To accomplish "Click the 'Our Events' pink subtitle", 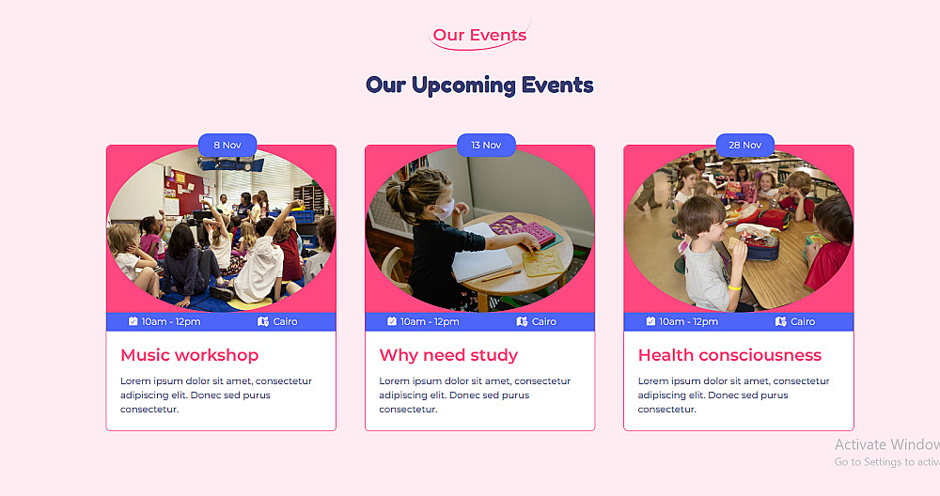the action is click(479, 35).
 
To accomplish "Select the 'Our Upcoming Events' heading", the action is click(479, 85).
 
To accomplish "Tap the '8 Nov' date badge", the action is click(227, 145).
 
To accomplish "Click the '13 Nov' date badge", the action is click(486, 145).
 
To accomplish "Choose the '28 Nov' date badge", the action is click(745, 145).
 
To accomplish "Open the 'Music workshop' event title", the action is click(190, 355).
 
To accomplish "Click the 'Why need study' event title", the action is click(448, 355).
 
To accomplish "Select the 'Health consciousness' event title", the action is click(729, 355).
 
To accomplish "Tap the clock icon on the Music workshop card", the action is click(133, 321).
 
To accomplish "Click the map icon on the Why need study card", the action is click(522, 321).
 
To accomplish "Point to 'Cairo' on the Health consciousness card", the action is click(803, 321).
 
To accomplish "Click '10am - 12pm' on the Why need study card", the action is click(430, 321).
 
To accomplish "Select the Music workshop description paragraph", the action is click(216, 395).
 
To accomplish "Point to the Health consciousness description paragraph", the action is click(733, 395).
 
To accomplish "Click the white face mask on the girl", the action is click(445, 209).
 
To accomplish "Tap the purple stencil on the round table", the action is click(522, 230).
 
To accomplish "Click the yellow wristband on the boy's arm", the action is click(735, 287).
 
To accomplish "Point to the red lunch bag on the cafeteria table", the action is click(774, 219).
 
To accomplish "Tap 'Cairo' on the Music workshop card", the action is click(285, 321).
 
